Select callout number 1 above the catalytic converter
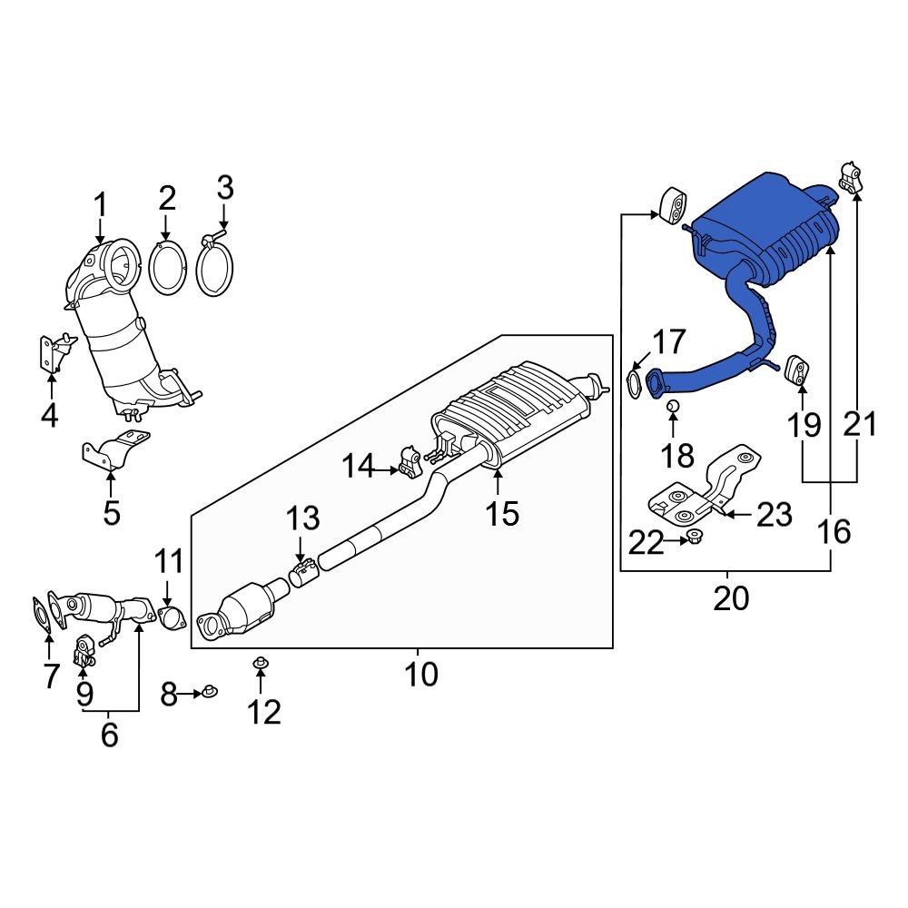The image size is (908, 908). (101, 205)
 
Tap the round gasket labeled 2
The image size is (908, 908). (166, 269)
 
